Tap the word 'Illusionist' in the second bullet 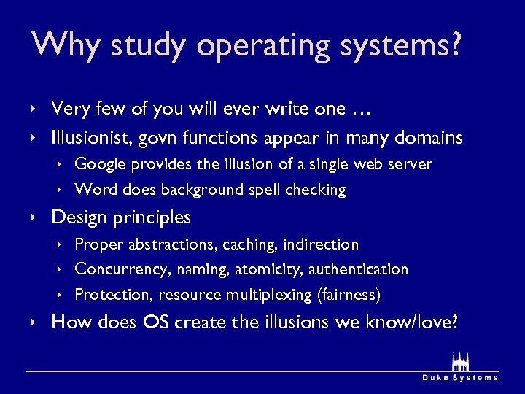tap(85, 137)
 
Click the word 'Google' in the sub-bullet tap(99, 164)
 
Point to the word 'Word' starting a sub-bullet tap(92, 190)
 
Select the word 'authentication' tap(358, 269)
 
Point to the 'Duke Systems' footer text tap(461, 377)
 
